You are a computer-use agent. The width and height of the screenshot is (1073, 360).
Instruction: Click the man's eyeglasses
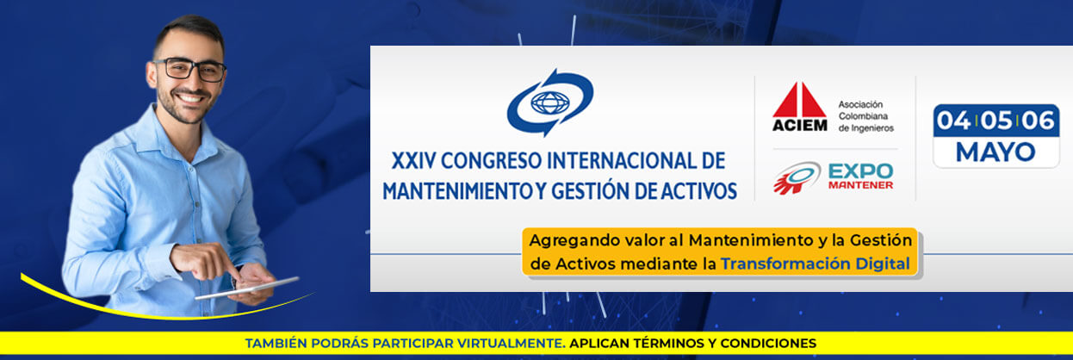tap(189, 70)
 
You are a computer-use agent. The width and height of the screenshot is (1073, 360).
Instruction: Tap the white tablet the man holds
tap(247, 289)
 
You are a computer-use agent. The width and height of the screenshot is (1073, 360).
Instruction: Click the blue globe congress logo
tap(550, 102)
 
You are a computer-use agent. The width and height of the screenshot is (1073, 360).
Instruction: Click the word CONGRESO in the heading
tap(491, 161)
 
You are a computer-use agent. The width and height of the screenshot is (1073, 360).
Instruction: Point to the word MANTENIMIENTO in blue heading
tap(456, 191)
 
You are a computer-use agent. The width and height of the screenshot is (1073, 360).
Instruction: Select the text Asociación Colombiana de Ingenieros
tap(865, 116)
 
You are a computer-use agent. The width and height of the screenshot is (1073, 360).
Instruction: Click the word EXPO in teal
tap(861, 171)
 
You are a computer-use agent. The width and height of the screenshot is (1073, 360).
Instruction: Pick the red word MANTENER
tap(861, 185)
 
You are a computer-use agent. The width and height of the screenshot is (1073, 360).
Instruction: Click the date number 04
tap(953, 121)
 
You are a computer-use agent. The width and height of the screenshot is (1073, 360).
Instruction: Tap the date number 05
tap(995, 121)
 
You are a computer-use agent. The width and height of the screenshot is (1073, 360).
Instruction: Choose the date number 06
tap(1038, 121)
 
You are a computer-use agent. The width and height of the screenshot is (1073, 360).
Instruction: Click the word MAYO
tap(995, 152)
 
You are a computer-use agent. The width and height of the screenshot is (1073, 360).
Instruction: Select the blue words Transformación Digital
tap(816, 264)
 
